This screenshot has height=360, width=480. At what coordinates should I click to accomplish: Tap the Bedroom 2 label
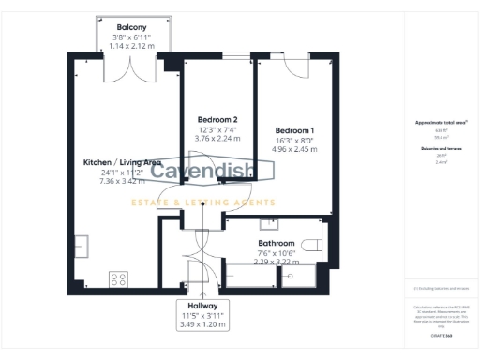pos(217,120)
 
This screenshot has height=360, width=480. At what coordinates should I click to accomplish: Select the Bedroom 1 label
pos(294,129)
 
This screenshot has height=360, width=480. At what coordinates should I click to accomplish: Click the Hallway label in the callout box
pos(202,306)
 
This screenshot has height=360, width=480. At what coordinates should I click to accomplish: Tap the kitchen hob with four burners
pos(119,277)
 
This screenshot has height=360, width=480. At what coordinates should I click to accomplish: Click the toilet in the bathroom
pos(314,245)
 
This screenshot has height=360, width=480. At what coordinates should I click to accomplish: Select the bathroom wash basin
pos(269,223)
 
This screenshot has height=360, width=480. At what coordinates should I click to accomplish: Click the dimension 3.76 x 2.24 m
pos(217,139)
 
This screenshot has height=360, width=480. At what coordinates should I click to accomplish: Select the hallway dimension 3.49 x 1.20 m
pos(202,324)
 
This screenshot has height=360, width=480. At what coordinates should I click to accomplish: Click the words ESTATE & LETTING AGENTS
pos(202,202)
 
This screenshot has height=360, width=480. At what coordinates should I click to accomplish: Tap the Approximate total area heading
pos(434,122)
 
